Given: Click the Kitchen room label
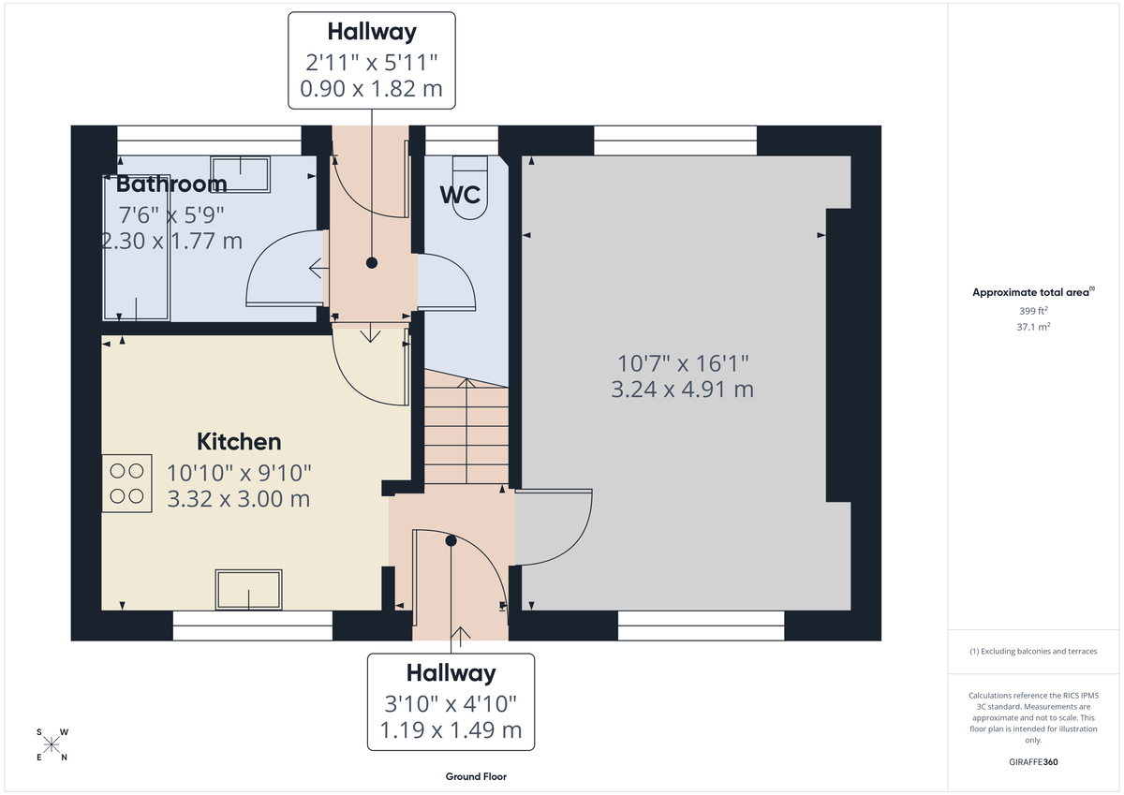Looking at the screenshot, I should (x=239, y=441).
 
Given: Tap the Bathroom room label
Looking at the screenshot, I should (x=171, y=184).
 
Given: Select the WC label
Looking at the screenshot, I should (x=460, y=195).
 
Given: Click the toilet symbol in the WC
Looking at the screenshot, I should (x=470, y=187).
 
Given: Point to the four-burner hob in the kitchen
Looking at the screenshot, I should (x=127, y=482).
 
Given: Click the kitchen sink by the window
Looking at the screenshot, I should (x=248, y=589).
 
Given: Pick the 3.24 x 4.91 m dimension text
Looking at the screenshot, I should (x=682, y=390).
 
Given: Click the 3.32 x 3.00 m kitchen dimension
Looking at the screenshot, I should (x=239, y=499).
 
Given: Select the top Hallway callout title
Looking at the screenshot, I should (x=372, y=32).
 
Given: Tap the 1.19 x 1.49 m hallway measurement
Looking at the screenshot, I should (x=451, y=730).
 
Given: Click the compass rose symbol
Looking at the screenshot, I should (x=52, y=744).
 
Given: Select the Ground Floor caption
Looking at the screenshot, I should (x=476, y=776).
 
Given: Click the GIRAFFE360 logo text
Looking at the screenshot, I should (x=1033, y=762).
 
